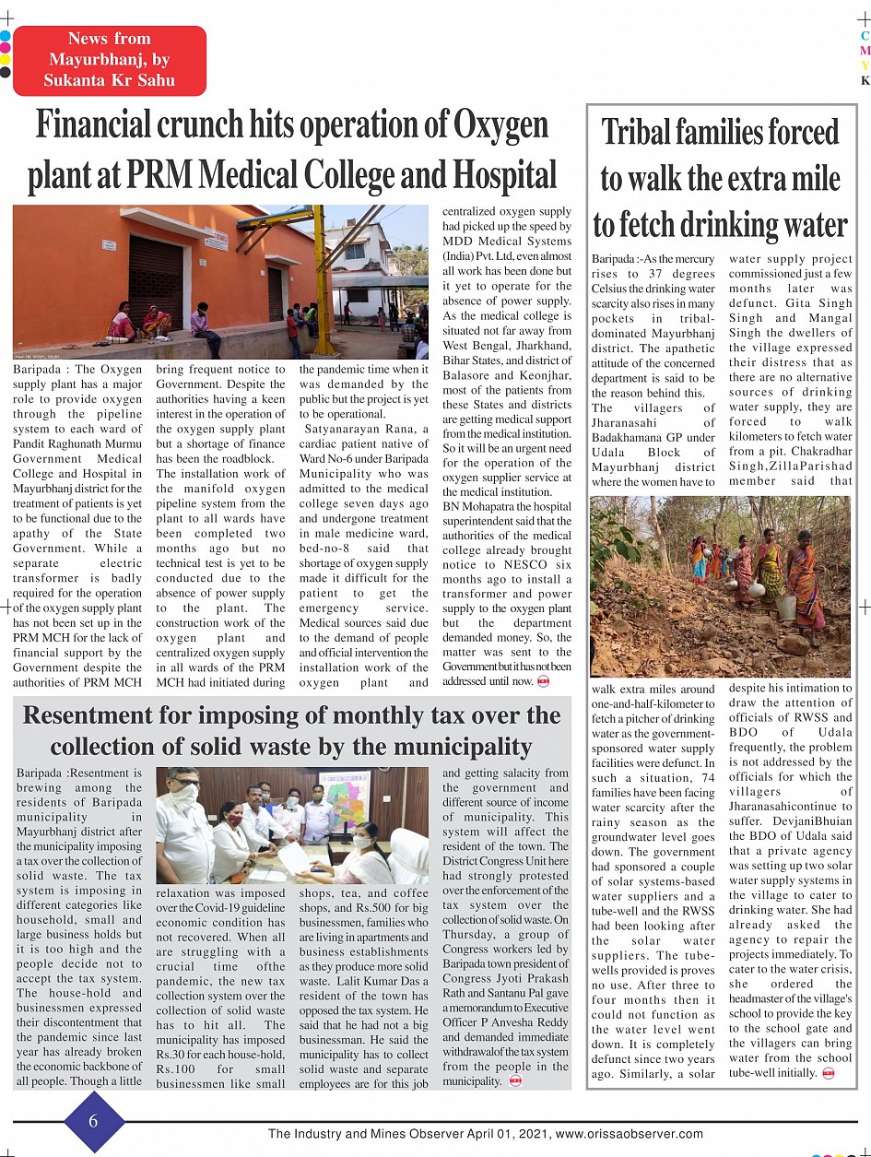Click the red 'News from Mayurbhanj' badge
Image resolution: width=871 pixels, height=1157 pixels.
(x=110, y=60)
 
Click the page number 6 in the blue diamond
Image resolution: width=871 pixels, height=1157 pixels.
(x=94, y=1121)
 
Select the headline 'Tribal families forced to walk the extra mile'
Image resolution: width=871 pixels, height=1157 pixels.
(x=720, y=178)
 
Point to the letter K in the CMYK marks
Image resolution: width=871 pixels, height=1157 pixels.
(x=865, y=80)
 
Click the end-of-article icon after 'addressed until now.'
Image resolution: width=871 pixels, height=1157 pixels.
(x=543, y=681)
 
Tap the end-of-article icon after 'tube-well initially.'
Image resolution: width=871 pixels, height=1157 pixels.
(x=828, y=1073)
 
